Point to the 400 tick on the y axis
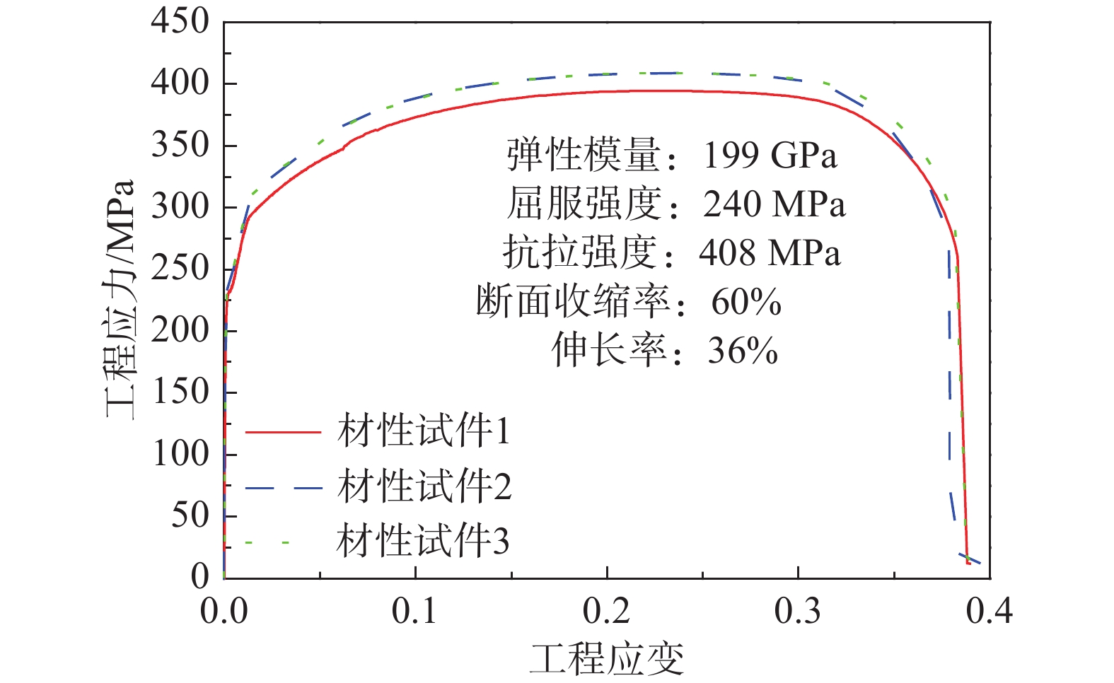tap(180, 83)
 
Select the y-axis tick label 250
tap(180, 268)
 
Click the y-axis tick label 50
tap(190, 515)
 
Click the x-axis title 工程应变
tap(607, 659)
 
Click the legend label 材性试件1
tap(424, 431)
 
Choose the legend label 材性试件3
tap(423, 542)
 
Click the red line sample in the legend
tap(283, 431)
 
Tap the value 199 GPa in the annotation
tap(770, 156)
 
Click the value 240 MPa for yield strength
tap(774, 204)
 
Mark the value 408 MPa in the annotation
tap(770, 253)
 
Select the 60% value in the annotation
tap(746, 302)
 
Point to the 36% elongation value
tap(743, 351)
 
